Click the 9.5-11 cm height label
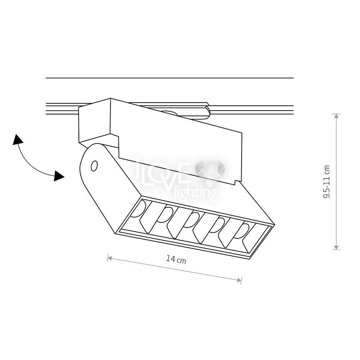[x=326, y=181]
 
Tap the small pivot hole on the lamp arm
[x=94, y=166]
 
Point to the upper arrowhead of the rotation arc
[x=17, y=140]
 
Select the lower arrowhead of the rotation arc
[x=59, y=176]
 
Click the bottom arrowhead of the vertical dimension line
[x=336, y=247]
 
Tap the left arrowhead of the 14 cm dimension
[x=109, y=258]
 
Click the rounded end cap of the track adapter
[x=208, y=112]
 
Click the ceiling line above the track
[x=170, y=78]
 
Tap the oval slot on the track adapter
[x=169, y=112]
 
